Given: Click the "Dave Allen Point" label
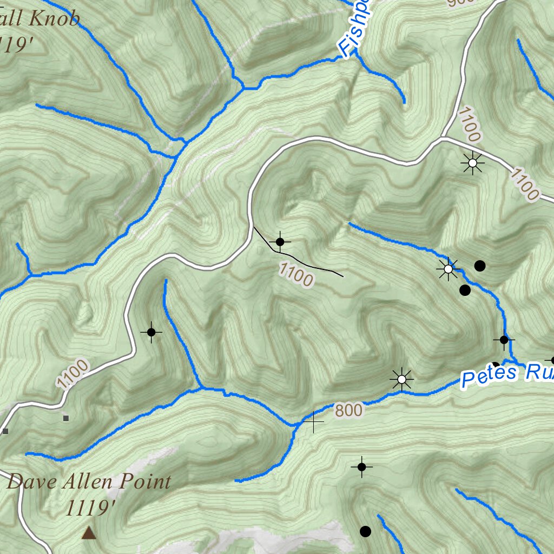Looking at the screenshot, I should click(89, 481).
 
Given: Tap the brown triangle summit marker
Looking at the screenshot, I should click(89, 533).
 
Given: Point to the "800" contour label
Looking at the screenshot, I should click(348, 411).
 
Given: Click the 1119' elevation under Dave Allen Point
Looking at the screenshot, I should click(90, 508).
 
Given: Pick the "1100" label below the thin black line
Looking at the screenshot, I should click(296, 274).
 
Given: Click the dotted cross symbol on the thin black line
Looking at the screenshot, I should click(280, 242).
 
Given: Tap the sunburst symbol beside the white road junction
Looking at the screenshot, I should click(473, 162).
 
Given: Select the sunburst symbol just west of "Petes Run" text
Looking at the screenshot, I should click(401, 379).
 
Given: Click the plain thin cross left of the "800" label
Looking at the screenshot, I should click(313, 421).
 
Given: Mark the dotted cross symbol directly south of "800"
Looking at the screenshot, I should click(362, 466).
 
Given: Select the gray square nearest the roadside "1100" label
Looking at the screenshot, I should click(66, 418).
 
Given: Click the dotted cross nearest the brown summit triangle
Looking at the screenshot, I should click(151, 332).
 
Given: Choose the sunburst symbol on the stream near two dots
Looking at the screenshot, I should click(448, 268).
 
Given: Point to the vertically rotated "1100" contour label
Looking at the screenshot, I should click(469, 124).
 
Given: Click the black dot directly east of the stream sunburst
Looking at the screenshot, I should click(479, 265).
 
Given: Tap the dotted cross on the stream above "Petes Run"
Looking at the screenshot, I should click(504, 340).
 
